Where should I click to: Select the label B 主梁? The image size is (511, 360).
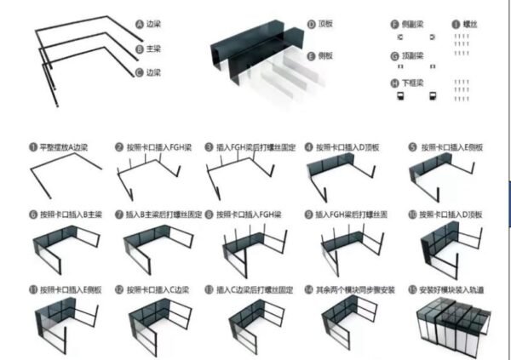(x=149, y=50)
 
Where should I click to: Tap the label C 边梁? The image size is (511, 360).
(x=149, y=73)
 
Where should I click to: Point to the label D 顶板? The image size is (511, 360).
(x=323, y=26)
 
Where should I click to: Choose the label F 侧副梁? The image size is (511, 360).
(x=410, y=26)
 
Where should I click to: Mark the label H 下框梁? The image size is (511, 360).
(x=410, y=83)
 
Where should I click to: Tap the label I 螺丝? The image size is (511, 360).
(x=463, y=26)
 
